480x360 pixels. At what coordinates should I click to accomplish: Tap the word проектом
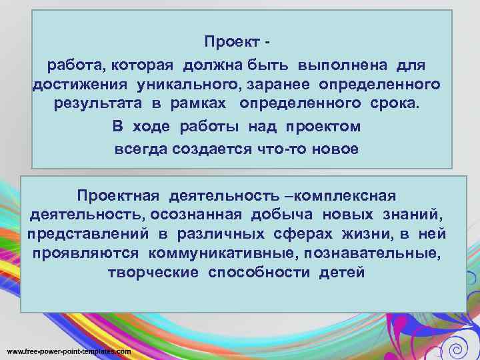[x=323, y=127]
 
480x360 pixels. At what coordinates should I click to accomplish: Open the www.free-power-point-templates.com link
[x=69, y=351]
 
